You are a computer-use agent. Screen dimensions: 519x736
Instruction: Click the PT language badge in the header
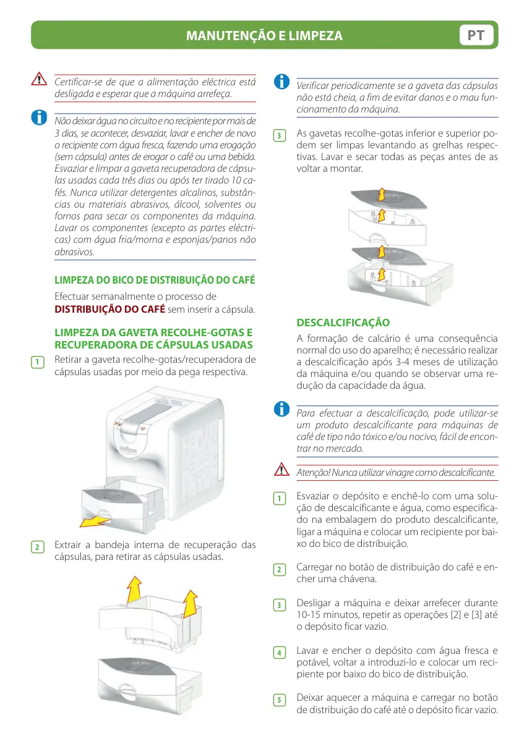click(476, 35)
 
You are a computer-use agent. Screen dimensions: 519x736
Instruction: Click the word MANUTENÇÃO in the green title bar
click(231, 36)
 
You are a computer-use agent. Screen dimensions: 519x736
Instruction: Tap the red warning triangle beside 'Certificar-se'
click(39, 79)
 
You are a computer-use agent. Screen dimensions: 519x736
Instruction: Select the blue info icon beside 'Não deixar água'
click(39, 117)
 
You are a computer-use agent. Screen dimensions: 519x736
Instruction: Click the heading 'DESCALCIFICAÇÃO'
click(343, 323)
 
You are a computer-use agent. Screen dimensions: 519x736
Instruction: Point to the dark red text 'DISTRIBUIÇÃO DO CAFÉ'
click(110, 310)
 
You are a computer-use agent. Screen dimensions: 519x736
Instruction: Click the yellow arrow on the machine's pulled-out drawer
click(95, 520)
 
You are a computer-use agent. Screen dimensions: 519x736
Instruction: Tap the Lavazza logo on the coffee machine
click(128, 448)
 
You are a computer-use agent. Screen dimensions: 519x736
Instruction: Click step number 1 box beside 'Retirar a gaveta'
click(38, 362)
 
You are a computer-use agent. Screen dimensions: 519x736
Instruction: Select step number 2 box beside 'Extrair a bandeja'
click(38, 547)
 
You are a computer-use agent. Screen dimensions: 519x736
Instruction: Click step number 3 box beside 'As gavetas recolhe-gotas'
click(280, 136)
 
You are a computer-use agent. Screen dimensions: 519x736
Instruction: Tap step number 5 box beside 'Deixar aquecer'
click(280, 700)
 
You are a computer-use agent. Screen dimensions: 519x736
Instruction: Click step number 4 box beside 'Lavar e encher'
click(280, 653)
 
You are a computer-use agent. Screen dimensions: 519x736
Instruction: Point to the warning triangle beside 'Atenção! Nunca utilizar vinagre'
click(282, 469)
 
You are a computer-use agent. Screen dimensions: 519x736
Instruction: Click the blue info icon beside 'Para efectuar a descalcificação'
click(282, 409)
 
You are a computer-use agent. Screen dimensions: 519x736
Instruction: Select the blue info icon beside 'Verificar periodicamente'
click(282, 82)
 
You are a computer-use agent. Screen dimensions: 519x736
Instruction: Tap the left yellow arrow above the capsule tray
click(134, 590)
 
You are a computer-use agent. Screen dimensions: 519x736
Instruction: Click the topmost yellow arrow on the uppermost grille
click(382, 194)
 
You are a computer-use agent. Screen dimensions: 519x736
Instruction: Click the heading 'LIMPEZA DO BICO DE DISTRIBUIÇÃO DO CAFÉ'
click(155, 280)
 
